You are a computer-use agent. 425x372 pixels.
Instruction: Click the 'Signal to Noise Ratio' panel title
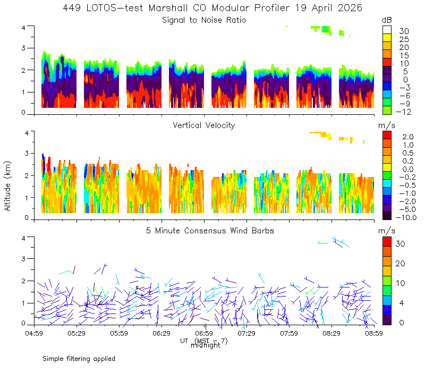click(x=204, y=20)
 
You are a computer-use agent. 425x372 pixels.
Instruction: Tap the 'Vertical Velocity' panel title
click(x=204, y=125)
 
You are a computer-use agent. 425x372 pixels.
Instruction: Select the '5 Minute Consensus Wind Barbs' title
click(x=210, y=231)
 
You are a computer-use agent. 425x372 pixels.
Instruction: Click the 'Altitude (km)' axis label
click(x=7, y=186)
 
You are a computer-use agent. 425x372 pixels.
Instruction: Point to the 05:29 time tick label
click(x=76, y=333)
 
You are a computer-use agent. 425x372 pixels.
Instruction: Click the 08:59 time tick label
click(x=374, y=333)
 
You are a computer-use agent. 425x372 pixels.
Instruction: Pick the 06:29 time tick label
click(x=161, y=333)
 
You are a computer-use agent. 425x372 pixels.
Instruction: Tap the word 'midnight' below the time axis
click(x=206, y=345)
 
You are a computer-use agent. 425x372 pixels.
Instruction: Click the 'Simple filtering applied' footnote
click(x=79, y=359)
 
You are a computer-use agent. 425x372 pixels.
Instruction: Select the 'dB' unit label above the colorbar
click(x=387, y=20)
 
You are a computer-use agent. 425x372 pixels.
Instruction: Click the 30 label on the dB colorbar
click(x=404, y=31)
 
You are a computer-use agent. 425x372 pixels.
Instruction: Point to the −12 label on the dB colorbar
click(x=403, y=112)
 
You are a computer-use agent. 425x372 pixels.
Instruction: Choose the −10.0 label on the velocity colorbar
click(x=406, y=217)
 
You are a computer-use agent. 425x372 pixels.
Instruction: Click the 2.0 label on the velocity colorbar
click(x=407, y=137)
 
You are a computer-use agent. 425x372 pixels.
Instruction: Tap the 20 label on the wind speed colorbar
click(x=401, y=264)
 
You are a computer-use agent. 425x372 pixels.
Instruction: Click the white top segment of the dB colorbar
click(x=387, y=30)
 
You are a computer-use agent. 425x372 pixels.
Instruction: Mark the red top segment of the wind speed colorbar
click(x=387, y=242)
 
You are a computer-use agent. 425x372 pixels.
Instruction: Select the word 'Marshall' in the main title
click(x=168, y=8)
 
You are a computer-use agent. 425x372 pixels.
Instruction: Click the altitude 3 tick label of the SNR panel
click(x=23, y=48)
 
